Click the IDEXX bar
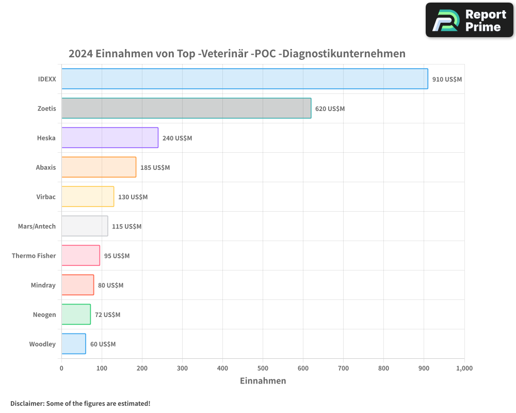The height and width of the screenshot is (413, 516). click(245, 79)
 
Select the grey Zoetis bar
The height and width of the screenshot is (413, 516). click(186, 108)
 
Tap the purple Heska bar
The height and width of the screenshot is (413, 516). click(110, 138)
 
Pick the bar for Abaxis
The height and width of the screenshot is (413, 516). click(99, 167)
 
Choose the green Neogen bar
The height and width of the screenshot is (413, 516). click(76, 314)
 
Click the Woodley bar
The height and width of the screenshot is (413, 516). click(74, 344)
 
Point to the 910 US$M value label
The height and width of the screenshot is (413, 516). click(447, 80)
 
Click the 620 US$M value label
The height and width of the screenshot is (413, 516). click(330, 109)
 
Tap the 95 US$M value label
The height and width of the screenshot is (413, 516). click(117, 256)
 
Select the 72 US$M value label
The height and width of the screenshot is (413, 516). click(107, 315)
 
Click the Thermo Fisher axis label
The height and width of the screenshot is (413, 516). click(34, 256)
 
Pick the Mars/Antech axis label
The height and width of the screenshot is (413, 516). click(37, 227)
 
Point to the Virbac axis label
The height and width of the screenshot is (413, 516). click(46, 197)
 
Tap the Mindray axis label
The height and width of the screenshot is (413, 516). click(43, 285)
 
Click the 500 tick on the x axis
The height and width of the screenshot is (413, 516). click(263, 368)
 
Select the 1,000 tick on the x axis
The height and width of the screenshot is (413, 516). click(464, 368)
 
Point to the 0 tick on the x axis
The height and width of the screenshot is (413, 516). click(61, 368)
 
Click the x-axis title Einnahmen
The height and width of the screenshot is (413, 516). click(263, 381)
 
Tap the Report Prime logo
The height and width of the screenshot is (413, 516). click(469, 20)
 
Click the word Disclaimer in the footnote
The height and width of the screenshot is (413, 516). click(26, 403)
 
